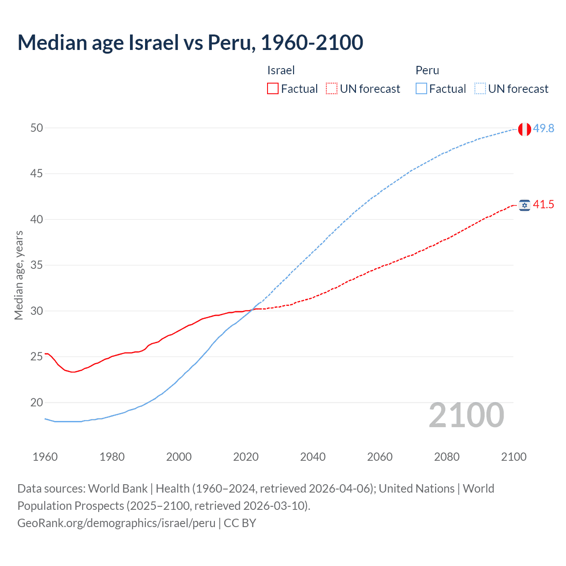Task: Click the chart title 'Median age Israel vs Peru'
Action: point(190,42)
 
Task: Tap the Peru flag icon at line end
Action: point(524,129)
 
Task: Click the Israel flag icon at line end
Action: point(524,205)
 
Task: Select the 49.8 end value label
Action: point(543,128)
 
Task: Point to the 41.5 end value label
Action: point(543,204)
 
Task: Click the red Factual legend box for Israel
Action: point(273,89)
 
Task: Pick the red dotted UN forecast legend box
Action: point(332,89)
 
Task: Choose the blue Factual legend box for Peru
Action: point(421,89)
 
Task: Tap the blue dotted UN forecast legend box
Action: point(480,89)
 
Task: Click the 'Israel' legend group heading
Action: point(281,70)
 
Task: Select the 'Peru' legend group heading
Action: point(427,70)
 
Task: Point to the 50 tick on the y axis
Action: point(37,128)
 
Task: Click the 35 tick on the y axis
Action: point(37,265)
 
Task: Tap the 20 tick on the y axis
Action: point(37,402)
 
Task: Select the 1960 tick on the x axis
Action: point(45,457)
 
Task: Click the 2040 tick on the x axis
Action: point(313,457)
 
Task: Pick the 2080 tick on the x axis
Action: point(447,457)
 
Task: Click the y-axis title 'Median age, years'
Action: point(19,275)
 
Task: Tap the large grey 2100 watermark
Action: point(467,415)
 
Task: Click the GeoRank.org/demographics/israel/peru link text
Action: point(116,523)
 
